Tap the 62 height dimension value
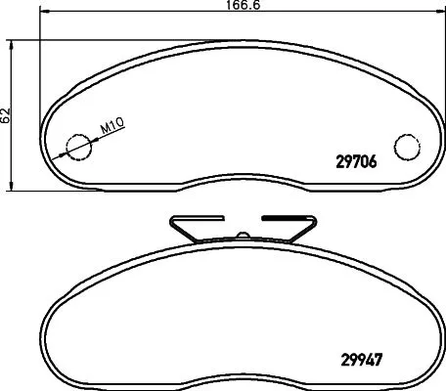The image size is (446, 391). pos(6,114)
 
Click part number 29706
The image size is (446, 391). pos(350,164)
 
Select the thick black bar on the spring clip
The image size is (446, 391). pos(285,218)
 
